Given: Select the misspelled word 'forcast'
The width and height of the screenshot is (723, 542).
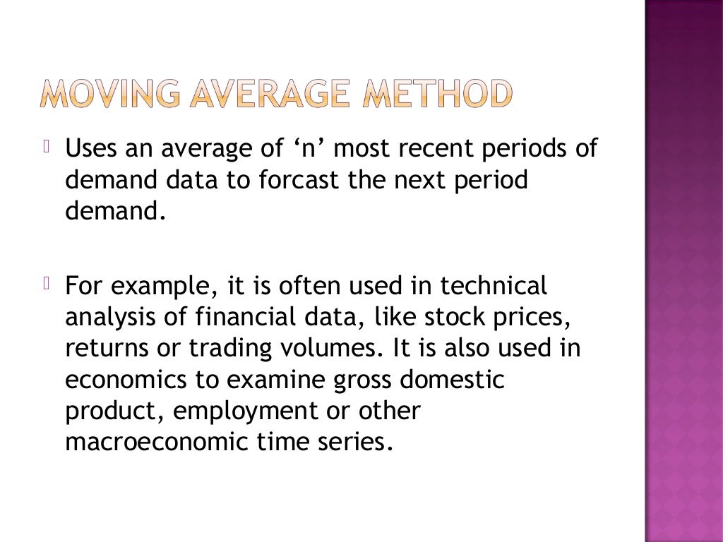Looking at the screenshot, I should (x=295, y=181).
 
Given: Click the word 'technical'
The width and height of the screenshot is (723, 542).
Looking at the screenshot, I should (x=494, y=287).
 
